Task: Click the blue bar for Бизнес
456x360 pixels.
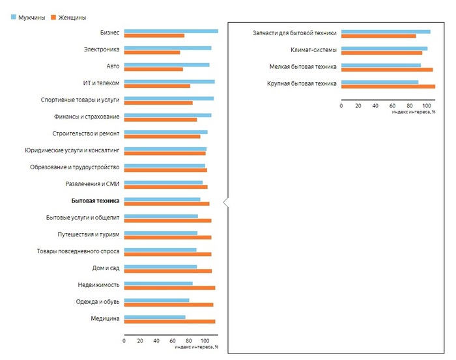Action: [x=171, y=31]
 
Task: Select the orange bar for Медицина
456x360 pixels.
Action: [x=169, y=321]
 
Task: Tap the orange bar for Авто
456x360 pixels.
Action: [x=153, y=69]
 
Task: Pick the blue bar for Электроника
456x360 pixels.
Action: [x=167, y=48]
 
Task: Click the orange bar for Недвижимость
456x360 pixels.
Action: [x=169, y=287]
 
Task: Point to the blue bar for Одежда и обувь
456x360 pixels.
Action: [x=156, y=300]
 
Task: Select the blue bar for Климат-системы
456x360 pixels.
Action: [x=384, y=48]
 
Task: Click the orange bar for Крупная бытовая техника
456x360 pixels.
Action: [x=388, y=86]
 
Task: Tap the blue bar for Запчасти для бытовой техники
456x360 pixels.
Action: [x=385, y=31]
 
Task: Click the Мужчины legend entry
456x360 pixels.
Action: [x=27, y=18]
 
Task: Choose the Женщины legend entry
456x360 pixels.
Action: [x=68, y=18]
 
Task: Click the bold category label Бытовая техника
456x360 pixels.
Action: [x=95, y=201]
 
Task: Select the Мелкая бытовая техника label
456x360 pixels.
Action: [x=303, y=66]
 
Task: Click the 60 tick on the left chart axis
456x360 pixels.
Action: [x=173, y=340]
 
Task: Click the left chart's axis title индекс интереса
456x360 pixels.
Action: [x=197, y=348]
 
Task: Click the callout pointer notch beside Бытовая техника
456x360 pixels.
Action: [x=225, y=202]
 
